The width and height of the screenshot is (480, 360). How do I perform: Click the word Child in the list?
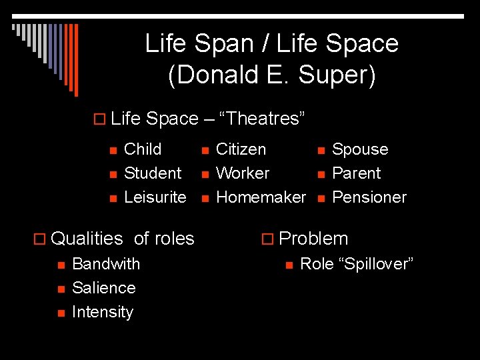click(x=143, y=149)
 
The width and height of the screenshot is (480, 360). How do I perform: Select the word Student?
click(x=153, y=173)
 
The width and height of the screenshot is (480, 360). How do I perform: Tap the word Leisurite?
click(x=155, y=197)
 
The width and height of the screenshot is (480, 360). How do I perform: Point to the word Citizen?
click(x=241, y=149)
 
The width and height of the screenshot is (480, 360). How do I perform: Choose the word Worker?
click(x=243, y=173)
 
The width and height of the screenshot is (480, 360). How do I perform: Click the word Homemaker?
click(x=261, y=197)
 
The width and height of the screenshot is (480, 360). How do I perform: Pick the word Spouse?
click(x=360, y=149)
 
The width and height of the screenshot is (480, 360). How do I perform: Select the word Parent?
click(x=356, y=173)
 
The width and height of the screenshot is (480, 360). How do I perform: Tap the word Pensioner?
click(x=369, y=197)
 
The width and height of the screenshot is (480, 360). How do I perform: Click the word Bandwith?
click(x=106, y=264)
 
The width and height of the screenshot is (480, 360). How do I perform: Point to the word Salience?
click(x=103, y=288)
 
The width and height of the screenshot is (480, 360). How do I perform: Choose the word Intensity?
click(x=103, y=312)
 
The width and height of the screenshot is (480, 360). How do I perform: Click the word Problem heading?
click(x=313, y=239)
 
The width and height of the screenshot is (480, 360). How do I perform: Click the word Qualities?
click(x=87, y=239)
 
